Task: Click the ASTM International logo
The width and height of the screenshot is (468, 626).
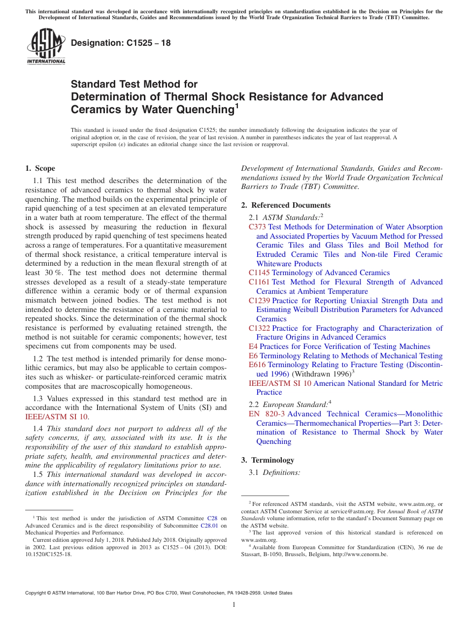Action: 46,47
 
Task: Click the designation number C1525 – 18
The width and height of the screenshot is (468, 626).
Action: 121,43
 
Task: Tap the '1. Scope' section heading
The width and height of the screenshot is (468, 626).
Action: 40,168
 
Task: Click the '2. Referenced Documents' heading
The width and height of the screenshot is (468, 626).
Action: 286,205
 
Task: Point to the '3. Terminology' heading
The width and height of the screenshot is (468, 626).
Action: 267,460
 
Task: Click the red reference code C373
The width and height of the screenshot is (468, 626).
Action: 257,227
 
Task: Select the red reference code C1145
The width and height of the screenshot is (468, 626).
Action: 259,273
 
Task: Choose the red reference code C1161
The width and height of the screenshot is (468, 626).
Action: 259,282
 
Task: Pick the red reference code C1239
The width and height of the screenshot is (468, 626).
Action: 259,301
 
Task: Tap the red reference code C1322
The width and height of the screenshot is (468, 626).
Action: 259,328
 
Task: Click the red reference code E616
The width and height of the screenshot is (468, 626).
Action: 257,365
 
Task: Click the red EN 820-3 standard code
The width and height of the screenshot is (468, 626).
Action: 267,414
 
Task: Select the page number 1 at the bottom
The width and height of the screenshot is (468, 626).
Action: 234,605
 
